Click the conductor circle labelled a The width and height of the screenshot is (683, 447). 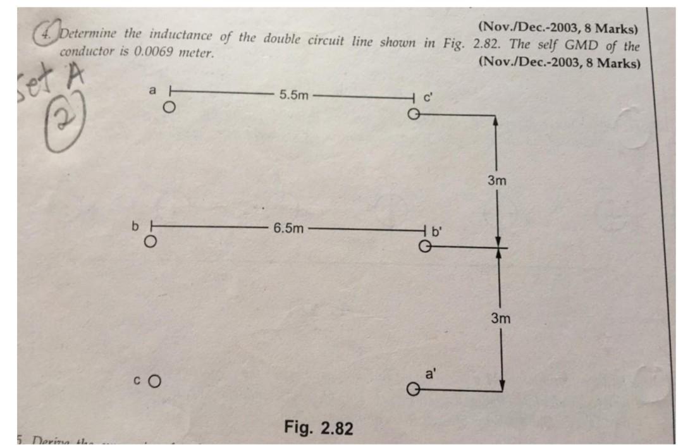[x=168, y=107]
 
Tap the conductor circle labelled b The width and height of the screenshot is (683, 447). [x=150, y=242]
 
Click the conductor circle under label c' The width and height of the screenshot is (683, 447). [x=413, y=114]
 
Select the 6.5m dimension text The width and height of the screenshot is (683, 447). [x=288, y=228]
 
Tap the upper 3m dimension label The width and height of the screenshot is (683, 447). [x=497, y=181]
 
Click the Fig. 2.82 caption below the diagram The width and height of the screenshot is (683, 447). [x=318, y=428]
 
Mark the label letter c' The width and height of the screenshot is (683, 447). [x=428, y=99]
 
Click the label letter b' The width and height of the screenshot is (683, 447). [x=437, y=231]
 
